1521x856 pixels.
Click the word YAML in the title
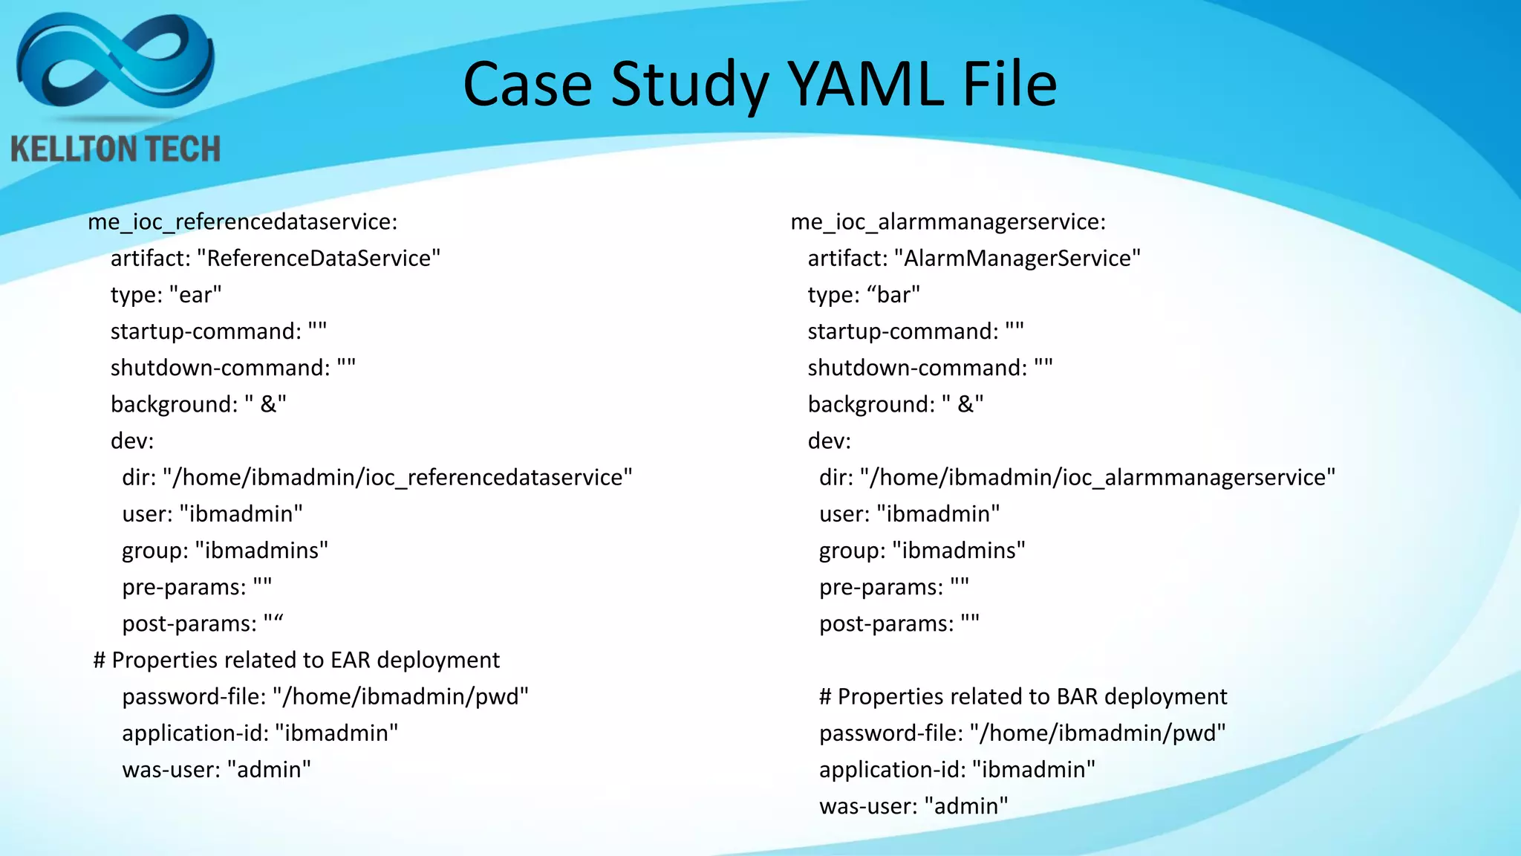pos(865,84)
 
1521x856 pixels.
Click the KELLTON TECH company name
pos(116,149)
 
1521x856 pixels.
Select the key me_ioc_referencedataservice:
pos(243,221)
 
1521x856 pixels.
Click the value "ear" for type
pos(195,295)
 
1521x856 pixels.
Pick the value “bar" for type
pos(893,295)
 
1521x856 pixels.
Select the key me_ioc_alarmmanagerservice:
pos(948,221)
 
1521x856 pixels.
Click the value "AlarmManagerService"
pos(1017,258)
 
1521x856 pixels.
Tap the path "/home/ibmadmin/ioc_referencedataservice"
pos(397,477)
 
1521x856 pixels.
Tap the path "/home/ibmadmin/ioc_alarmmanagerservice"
pos(1098,477)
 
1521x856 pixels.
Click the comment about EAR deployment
pos(296,660)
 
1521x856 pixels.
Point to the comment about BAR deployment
pos(1023,696)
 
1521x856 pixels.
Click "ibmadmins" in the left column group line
pos(261,551)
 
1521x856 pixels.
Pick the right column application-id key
pos(892,770)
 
